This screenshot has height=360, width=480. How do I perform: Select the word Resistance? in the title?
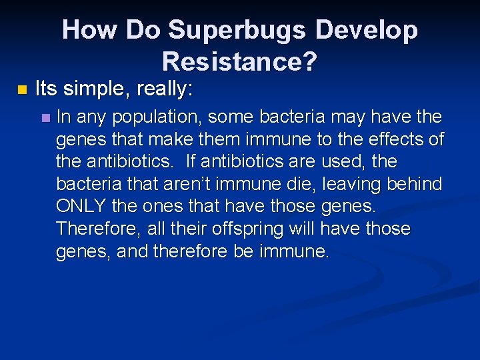click(x=239, y=62)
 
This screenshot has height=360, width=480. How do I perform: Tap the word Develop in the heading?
click(x=370, y=31)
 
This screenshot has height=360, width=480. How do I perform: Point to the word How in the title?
click(x=84, y=31)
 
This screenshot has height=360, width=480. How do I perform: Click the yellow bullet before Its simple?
click(x=22, y=89)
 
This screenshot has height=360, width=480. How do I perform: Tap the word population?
click(x=155, y=118)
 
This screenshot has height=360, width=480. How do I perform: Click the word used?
click(x=341, y=161)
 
